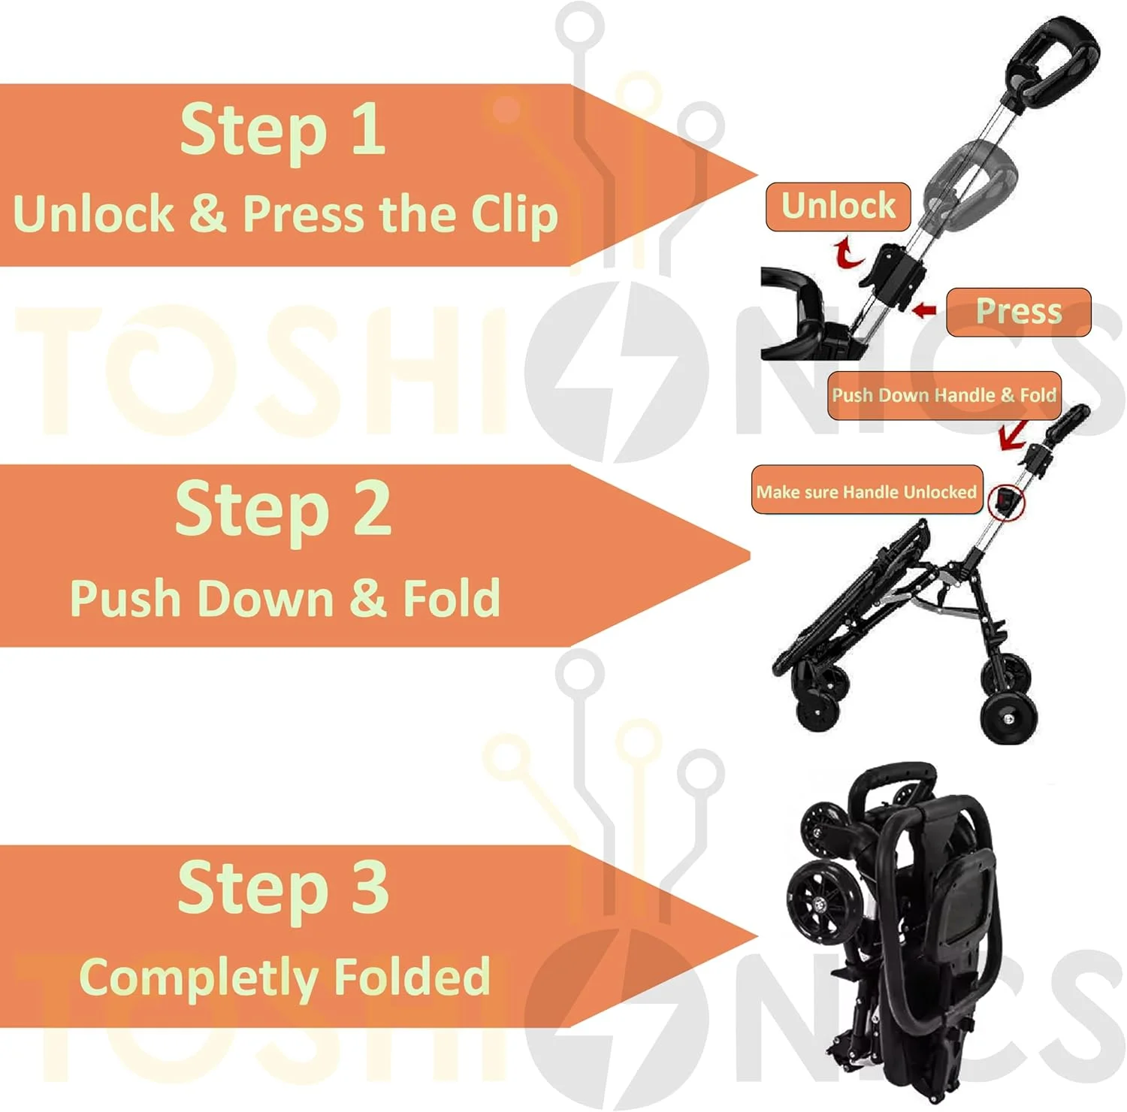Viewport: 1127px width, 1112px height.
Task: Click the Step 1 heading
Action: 283,129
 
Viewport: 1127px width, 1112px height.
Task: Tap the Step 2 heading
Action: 283,510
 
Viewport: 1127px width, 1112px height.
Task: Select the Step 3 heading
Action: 283,888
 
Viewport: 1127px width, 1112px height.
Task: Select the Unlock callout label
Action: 838,206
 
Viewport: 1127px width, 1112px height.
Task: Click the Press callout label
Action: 1018,311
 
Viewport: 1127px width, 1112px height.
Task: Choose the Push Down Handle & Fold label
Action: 944,395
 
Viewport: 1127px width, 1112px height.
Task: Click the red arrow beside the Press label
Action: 923,309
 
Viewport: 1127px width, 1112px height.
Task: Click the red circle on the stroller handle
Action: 1006,501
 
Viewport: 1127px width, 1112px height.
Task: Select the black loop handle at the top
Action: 1052,53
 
